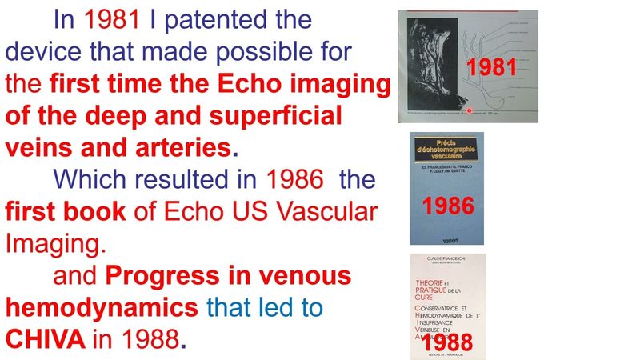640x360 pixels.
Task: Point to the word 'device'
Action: [x=42, y=52]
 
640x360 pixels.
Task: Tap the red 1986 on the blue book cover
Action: [x=448, y=206]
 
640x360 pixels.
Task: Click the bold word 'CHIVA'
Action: [x=46, y=340]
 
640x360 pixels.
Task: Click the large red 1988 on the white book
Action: [x=445, y=342]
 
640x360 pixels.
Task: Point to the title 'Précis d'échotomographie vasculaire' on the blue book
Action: [x=446, y=148]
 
